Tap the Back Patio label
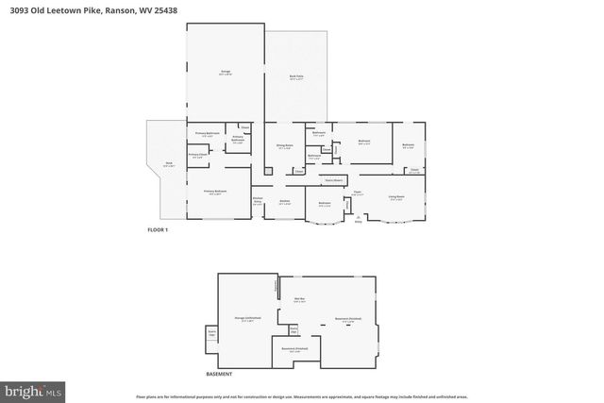pos(296,77)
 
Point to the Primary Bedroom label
pos(215,192)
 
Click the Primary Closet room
pos(197,156)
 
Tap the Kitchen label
pos(285,201)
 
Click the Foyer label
pos(358,193)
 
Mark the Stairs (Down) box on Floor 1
pos(332,178)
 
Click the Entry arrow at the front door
pos(358,217)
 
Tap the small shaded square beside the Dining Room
pos(268,170)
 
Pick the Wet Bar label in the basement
pos(299,299)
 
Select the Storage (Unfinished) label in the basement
pos(246,319)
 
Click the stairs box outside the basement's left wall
pos(211,334)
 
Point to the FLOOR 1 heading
pos(157,229)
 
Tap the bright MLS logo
pos(34,388)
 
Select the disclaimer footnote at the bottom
pos(302,396)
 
